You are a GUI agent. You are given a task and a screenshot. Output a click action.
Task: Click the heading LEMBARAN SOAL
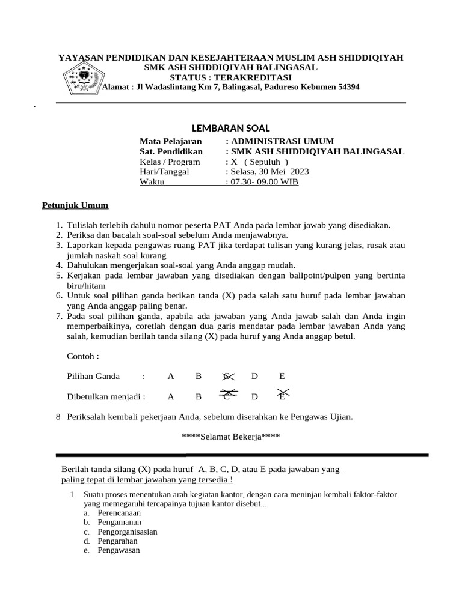[230, 128]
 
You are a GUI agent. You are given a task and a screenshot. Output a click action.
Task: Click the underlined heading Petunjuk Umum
[75, 206]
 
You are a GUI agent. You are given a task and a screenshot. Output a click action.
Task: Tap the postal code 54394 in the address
[348, 87]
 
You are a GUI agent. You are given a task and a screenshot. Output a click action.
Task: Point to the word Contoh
[82, 356]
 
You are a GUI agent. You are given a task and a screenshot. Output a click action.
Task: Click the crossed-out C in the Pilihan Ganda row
[227, 377]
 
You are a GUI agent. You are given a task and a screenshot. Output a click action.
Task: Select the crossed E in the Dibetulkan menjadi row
[283, 396]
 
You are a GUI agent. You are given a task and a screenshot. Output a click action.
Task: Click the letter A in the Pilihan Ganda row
[171, 377]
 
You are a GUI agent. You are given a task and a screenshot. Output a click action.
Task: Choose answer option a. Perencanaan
[119, 514]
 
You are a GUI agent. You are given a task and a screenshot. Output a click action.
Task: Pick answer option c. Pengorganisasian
[127, 532]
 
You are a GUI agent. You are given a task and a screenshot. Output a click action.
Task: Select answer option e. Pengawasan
[118, 550]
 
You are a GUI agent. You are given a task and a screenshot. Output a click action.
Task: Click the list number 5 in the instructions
[59, 275]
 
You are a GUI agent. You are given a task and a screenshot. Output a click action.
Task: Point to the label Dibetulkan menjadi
[106, 396]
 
